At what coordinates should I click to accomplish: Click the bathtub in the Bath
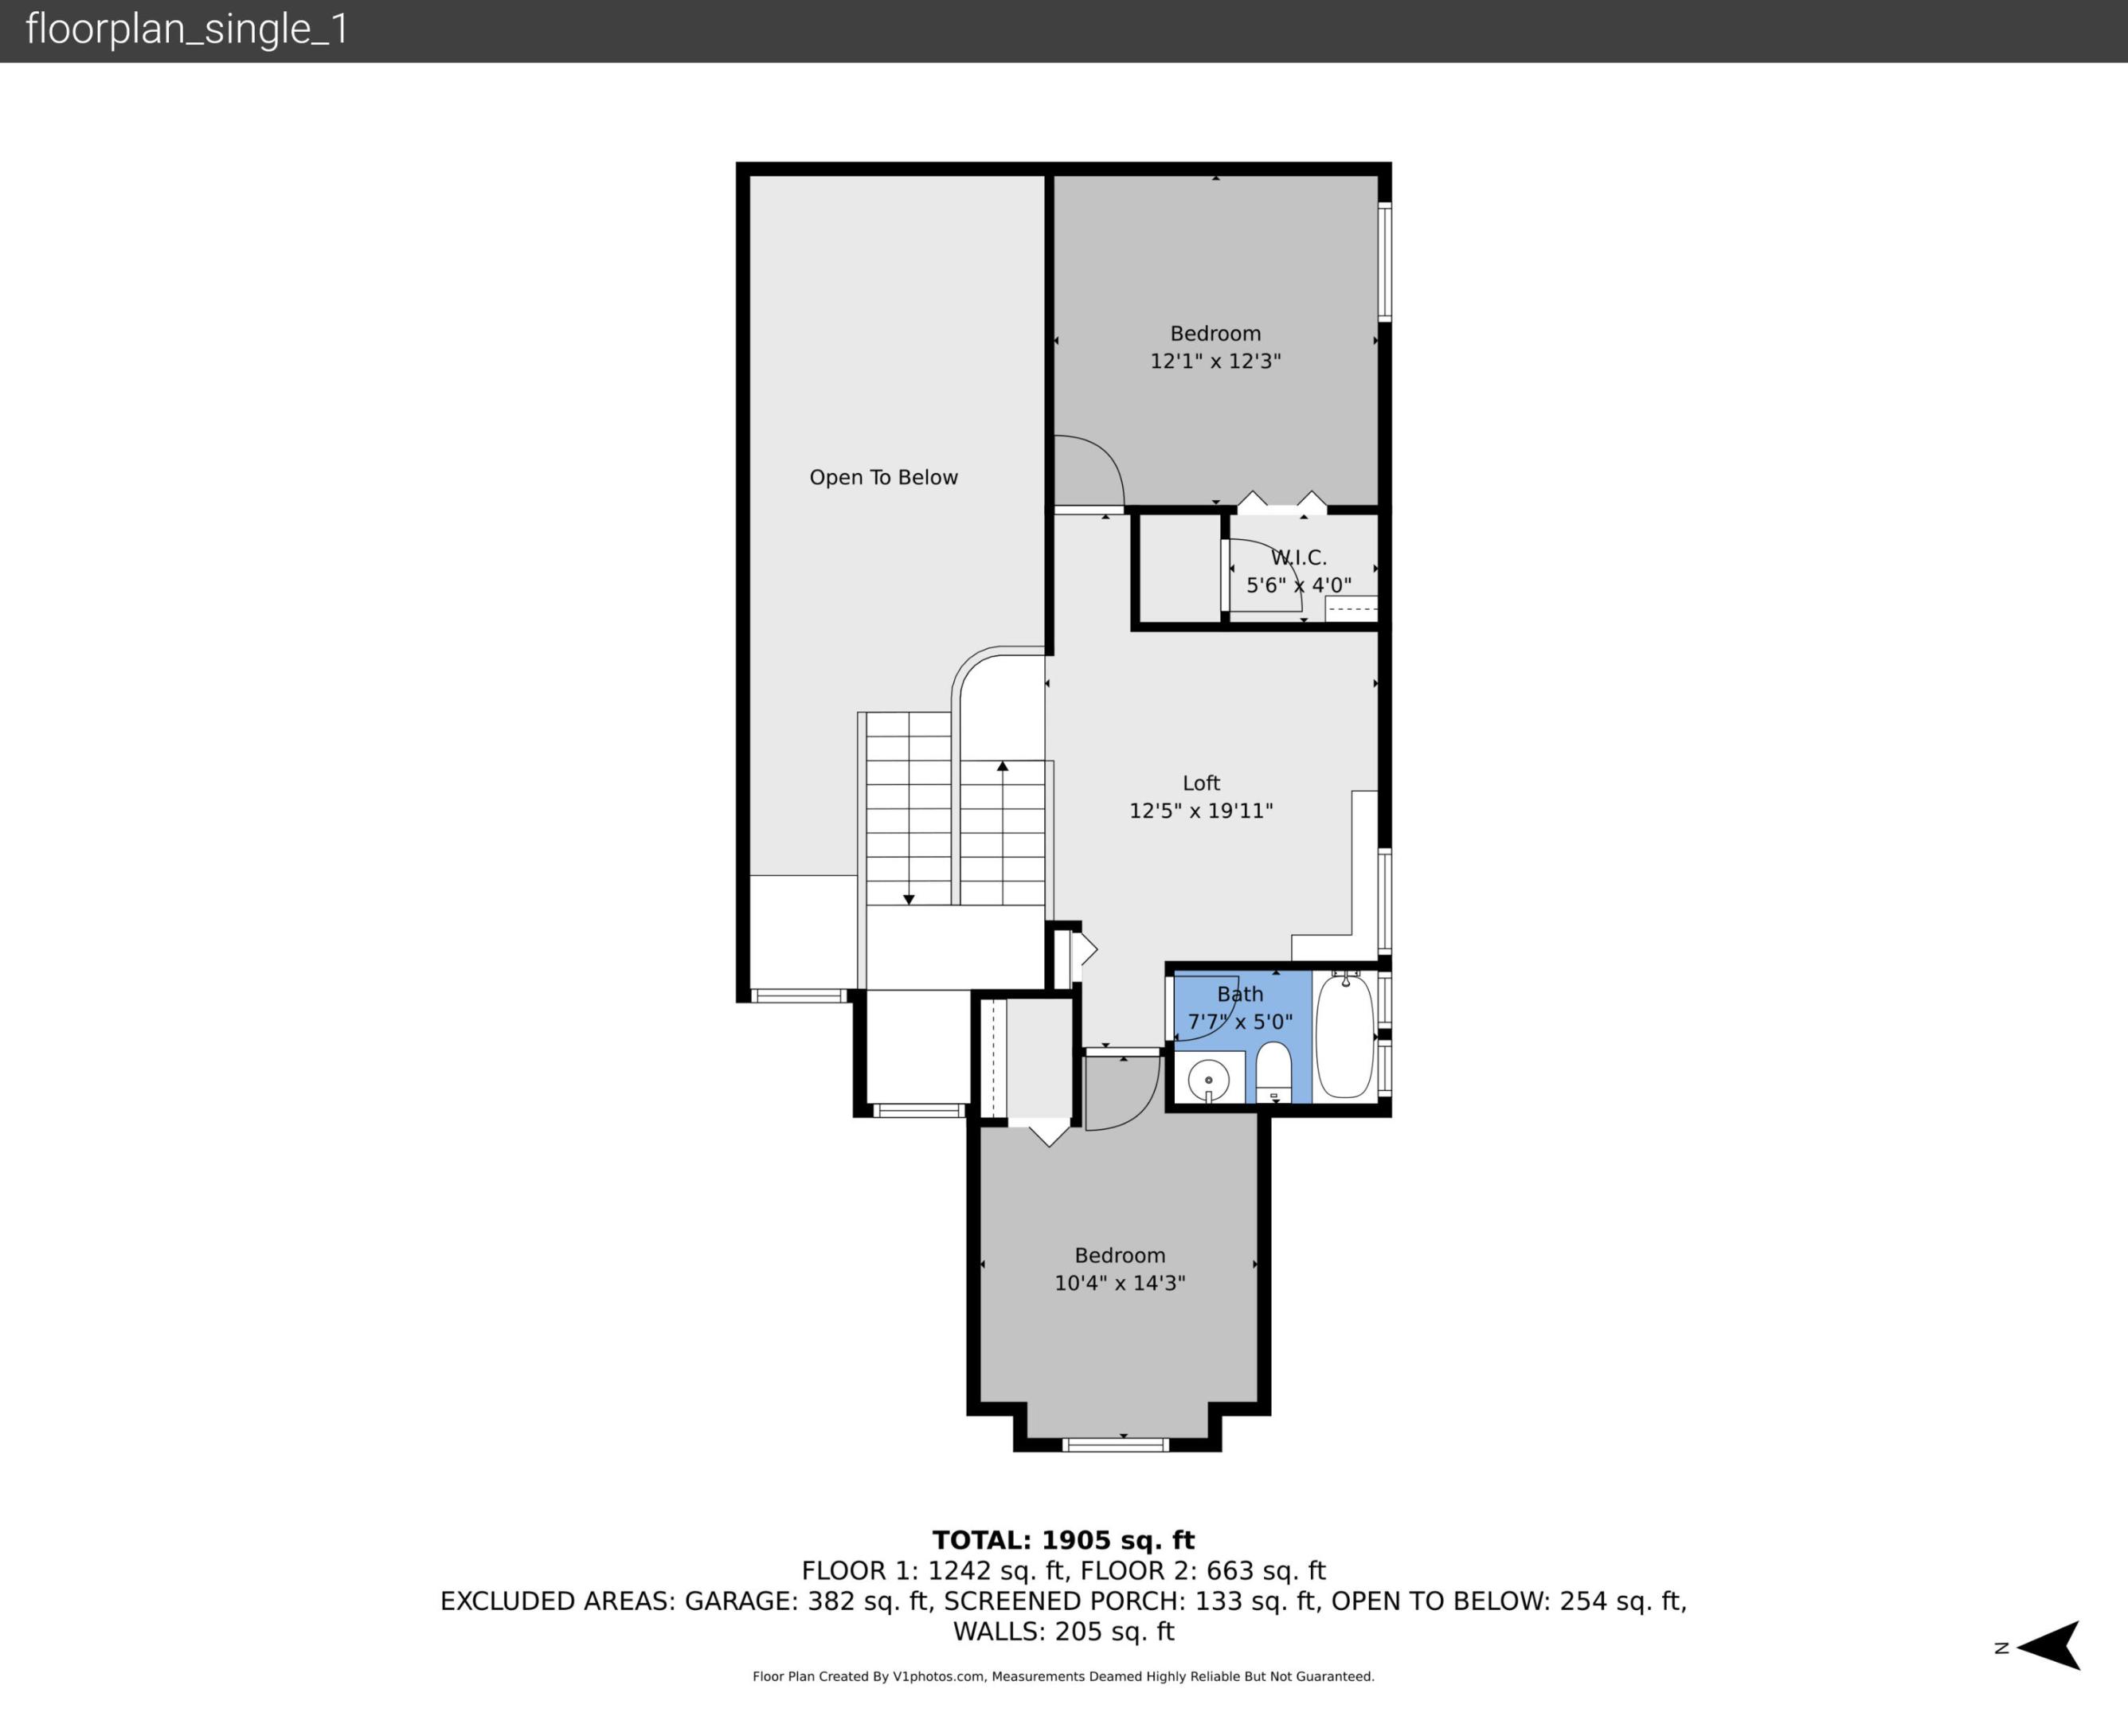(1344, 1035)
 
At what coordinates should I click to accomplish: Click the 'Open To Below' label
(884, 478)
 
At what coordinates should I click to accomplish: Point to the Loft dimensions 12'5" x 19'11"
(1201, 811)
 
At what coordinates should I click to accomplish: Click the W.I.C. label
(1298, 558)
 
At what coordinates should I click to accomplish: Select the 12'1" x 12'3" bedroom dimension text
(1215, 361)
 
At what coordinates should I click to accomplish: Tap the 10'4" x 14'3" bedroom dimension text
(1120, 1283)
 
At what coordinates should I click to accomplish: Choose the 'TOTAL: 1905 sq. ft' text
(1063, 1541)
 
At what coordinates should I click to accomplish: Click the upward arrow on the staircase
(1003, 766)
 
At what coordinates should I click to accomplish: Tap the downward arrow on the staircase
(909, 899)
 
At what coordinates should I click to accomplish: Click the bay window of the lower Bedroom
(1116, 1444)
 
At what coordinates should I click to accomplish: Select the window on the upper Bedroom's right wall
(1385, 261)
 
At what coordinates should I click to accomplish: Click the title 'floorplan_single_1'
(187, 29)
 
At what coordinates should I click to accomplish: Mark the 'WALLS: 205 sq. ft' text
(1063, 1632)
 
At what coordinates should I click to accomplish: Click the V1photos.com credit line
(1063, 1676)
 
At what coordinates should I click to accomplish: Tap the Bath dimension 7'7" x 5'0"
(1239, 1022)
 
